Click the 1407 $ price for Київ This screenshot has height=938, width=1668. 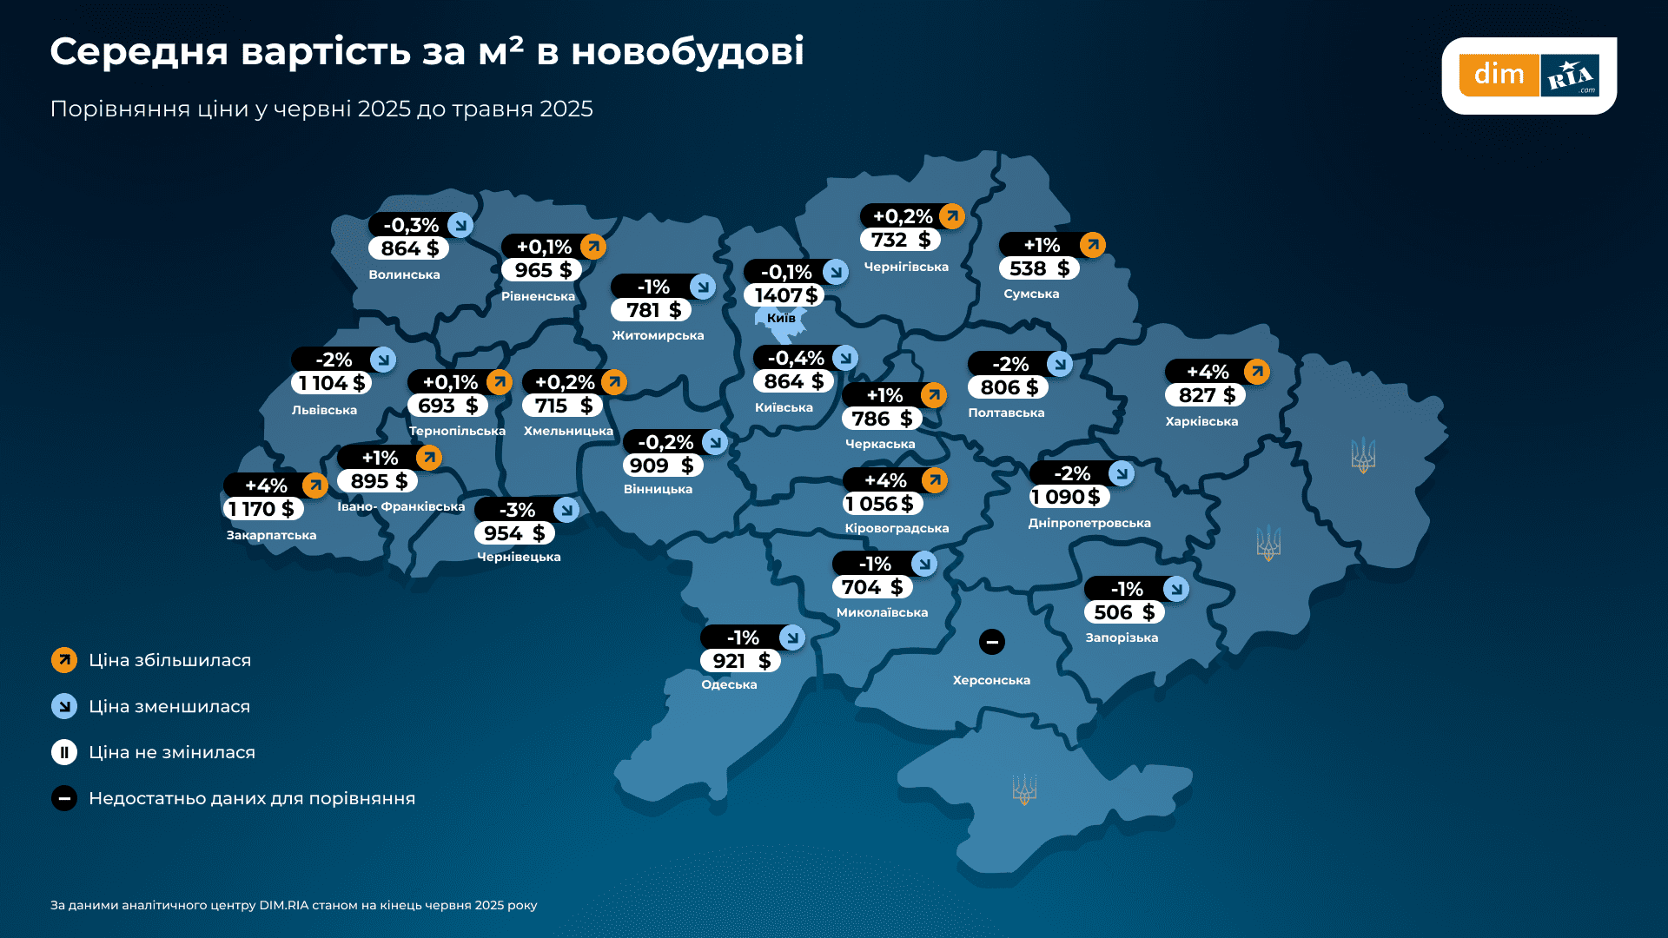[x=784, y=295]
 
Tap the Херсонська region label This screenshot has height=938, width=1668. [x=991, y=680]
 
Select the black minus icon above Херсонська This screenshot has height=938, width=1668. [x=992, y=642]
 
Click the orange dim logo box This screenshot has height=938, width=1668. [x=1499, y=75]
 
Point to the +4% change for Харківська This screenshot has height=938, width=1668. [x=1208, y=372]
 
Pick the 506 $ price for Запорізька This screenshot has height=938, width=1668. [x=1124, y=612]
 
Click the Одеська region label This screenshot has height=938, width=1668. [x=729, y=684]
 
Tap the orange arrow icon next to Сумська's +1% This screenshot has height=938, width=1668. [x=1093, y=245]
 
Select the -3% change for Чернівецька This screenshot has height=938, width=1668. [x=517, y=510]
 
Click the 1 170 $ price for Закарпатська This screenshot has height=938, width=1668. [x=261, y=509]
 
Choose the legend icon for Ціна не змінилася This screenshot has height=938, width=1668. [x=64, y=752]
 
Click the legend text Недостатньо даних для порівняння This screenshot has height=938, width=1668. [x=252, y=798]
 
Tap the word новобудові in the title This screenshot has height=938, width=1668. [x=687, y=51]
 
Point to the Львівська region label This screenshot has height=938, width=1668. [x=324, y=410]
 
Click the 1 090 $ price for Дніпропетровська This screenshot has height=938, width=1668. [x=1067, y=497]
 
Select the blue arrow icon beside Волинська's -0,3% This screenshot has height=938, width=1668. [x=460, y=225]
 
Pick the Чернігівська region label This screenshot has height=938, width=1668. [x=906, y=267]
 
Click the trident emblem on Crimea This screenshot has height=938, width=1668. [x=1025, y=789]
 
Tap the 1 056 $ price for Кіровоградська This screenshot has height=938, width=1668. [x=881, y=504]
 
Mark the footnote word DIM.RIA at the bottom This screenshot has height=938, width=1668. [x=284, y=905]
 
